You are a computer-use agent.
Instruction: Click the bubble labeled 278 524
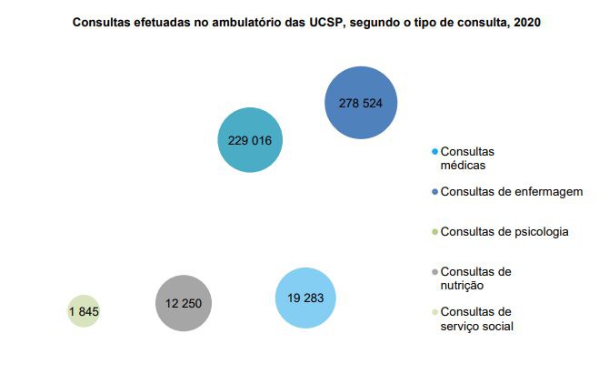[x=360, y=103]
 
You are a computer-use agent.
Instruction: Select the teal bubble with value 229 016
[x=250, y=140]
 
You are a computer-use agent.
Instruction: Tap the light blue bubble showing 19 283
[x=305, y=298]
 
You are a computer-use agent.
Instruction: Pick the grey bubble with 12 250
[x=183, y=303]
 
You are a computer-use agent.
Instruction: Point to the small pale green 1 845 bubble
[x=83, y=311]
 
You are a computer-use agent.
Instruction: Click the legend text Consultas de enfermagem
[x=511, y=192]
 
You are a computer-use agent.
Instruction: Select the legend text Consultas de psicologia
[x=504, y=231]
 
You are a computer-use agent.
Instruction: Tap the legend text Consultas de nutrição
[x=475, y=278]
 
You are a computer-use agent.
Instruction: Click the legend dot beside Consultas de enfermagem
[x=435, y=192]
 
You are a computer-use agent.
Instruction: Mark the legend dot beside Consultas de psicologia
[x=435, y=231]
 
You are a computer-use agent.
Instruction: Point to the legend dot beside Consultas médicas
[x=435, y=151]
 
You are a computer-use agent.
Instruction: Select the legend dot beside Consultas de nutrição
[x=435, y=271]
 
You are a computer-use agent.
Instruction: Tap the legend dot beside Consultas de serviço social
[x=435, y=311]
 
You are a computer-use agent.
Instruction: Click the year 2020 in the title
[x=526, y=23]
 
